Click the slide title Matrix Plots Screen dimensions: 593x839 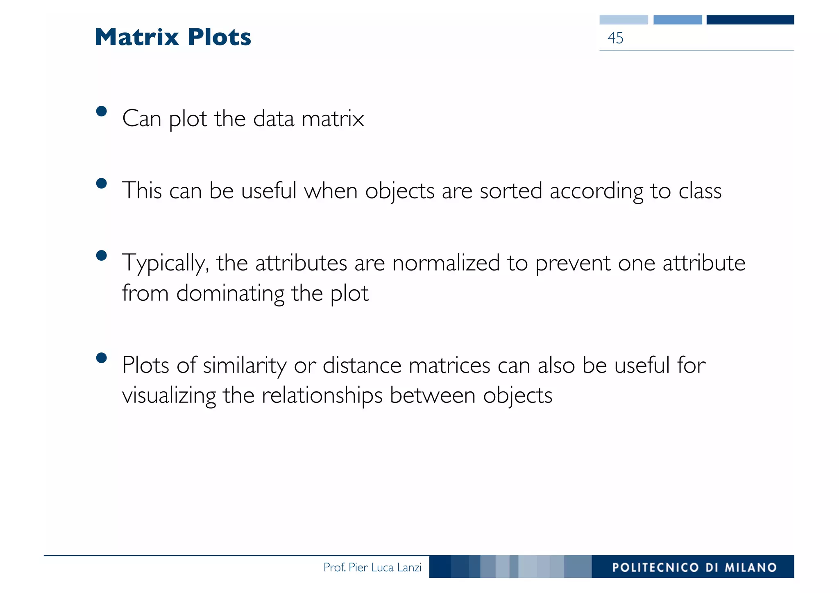172,37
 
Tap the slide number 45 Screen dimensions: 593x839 615,38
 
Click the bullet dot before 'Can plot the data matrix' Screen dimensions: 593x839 101,111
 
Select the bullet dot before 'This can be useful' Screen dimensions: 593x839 101,183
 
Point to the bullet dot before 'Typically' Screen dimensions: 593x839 101,256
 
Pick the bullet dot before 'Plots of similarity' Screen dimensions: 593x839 101,358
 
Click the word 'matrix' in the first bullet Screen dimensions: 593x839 333,119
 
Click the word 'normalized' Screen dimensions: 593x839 446,263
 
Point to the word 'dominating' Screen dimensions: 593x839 230,294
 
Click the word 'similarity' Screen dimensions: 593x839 245,365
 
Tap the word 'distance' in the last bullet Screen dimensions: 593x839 362,365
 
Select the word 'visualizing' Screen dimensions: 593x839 169,396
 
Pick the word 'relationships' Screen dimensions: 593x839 322,396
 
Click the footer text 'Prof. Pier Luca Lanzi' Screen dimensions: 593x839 372,567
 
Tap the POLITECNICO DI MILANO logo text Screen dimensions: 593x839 694,567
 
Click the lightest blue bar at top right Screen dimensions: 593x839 624,20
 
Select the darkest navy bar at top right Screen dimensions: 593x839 750,20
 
